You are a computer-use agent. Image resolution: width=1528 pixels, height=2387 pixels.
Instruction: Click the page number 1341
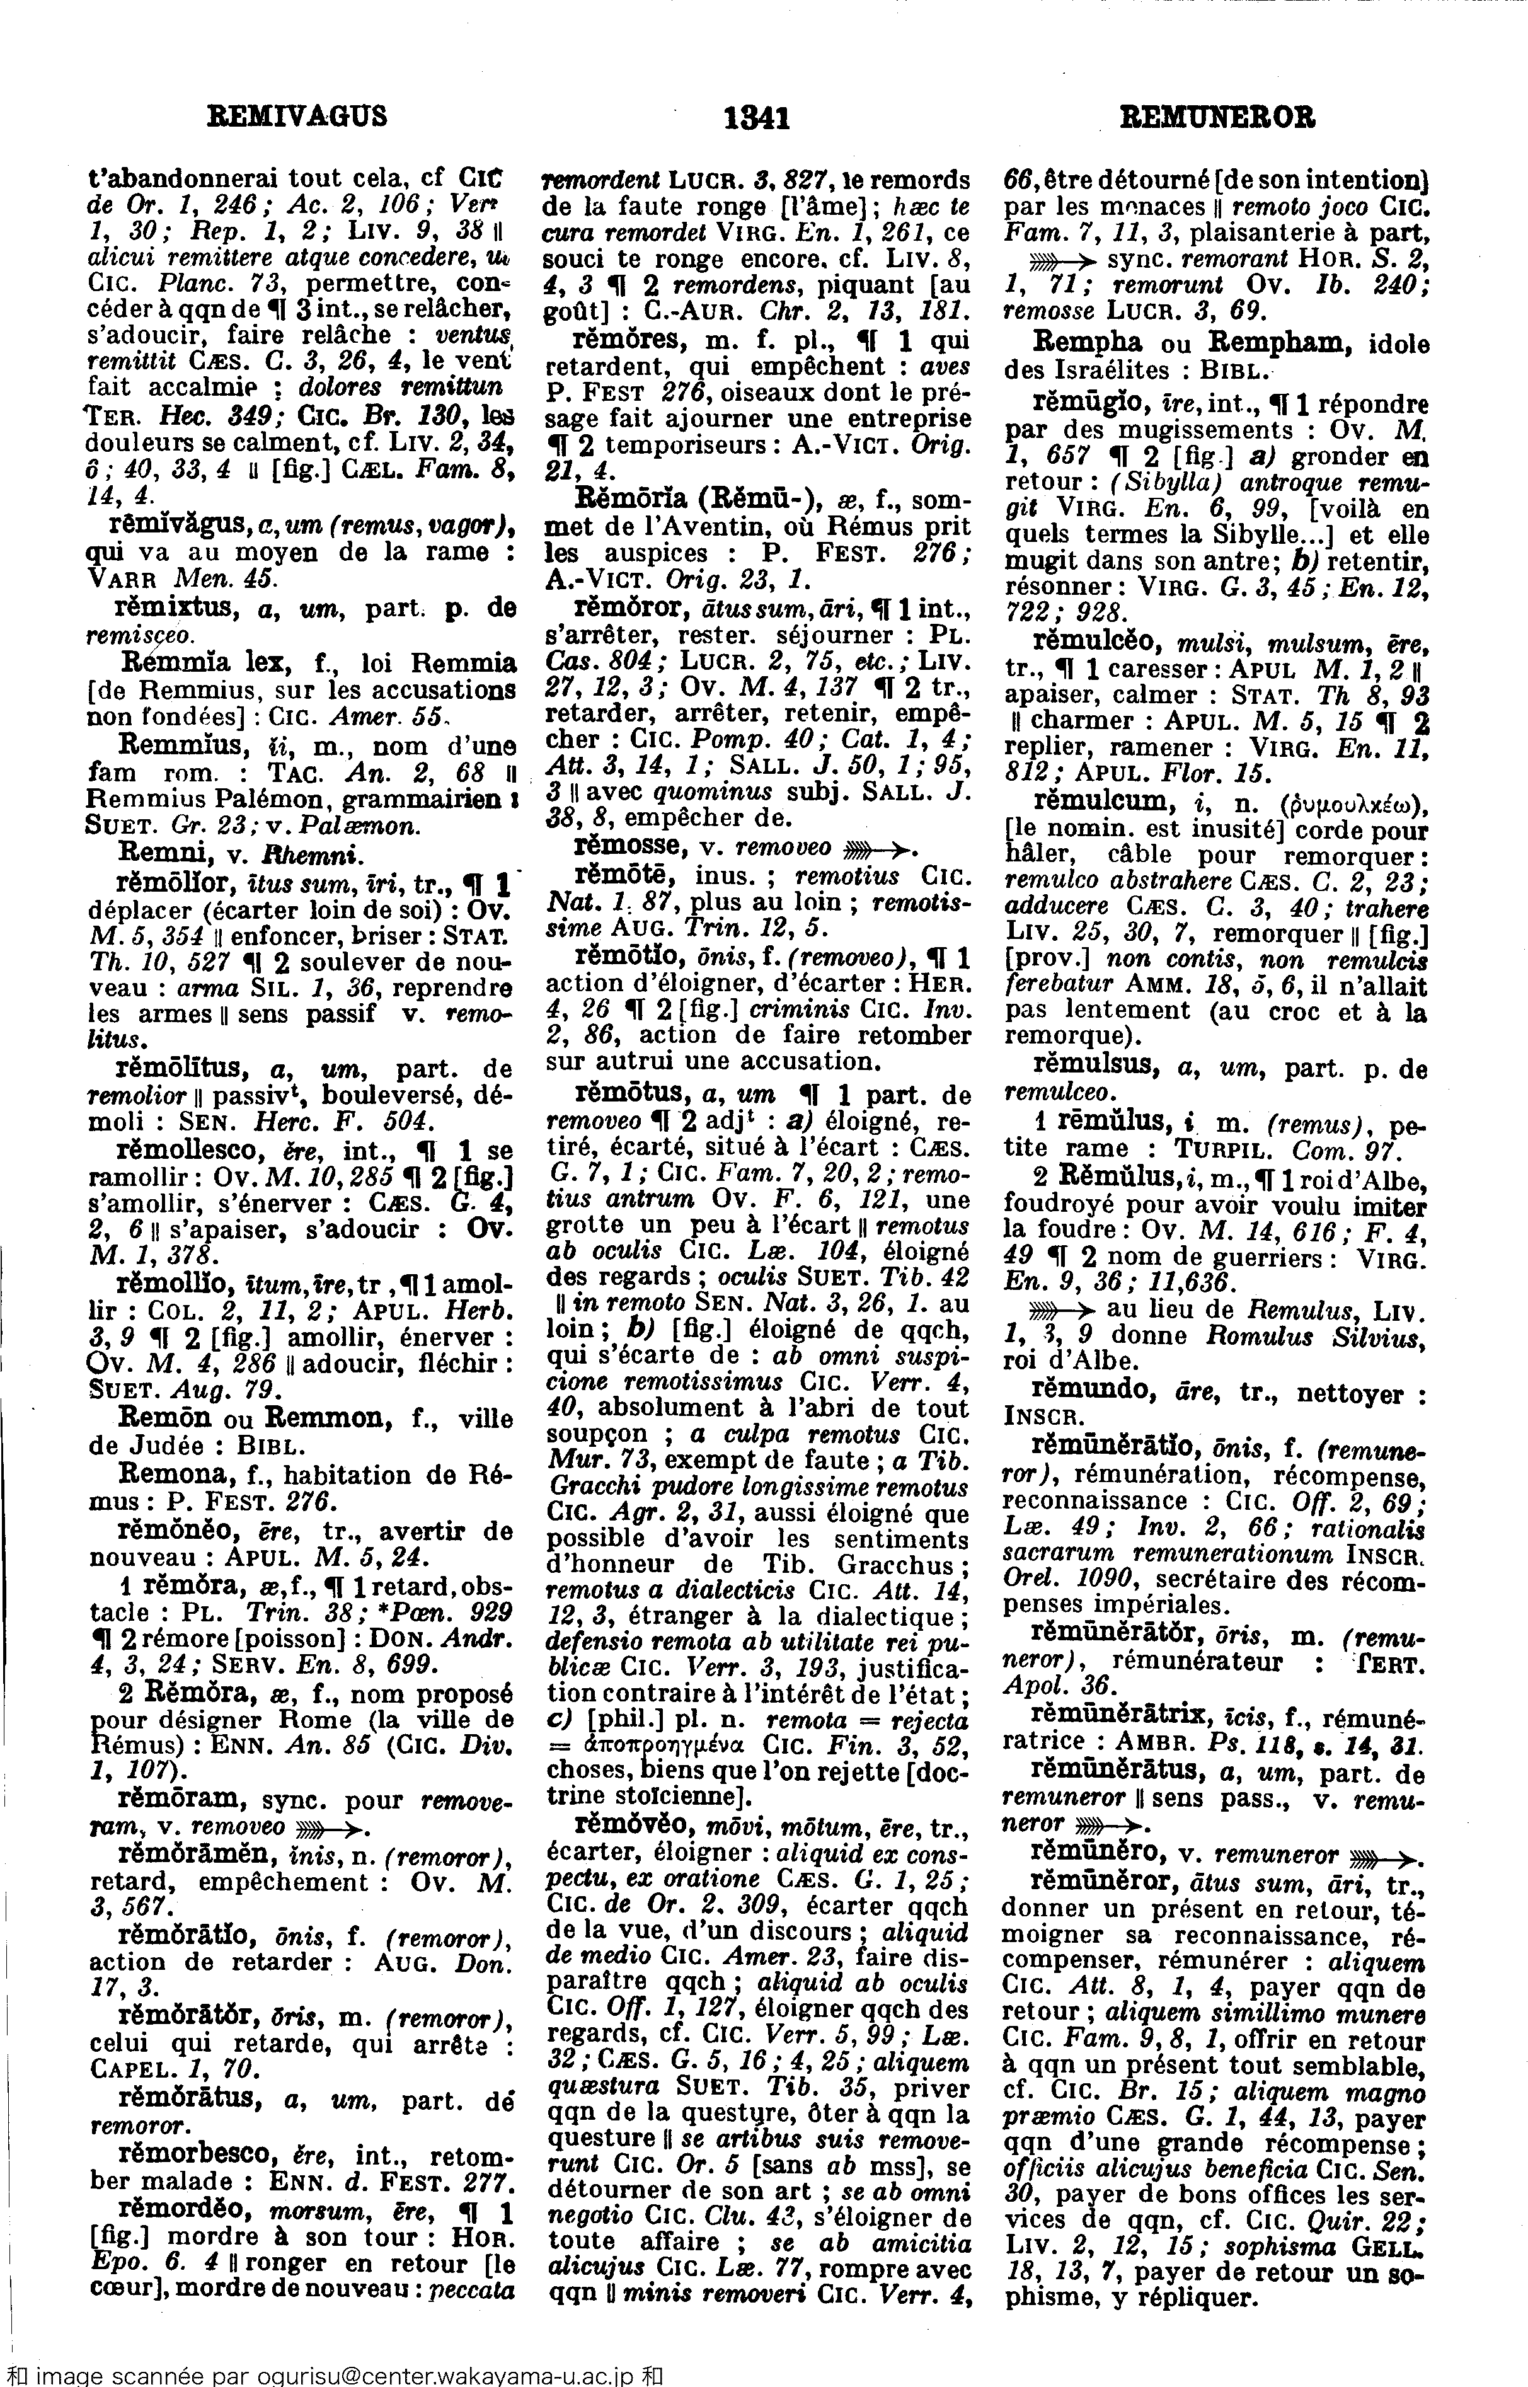757,119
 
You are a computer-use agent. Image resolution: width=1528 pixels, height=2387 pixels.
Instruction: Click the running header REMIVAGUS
297,117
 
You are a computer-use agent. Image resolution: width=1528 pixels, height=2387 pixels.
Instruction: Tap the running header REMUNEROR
1217,118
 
